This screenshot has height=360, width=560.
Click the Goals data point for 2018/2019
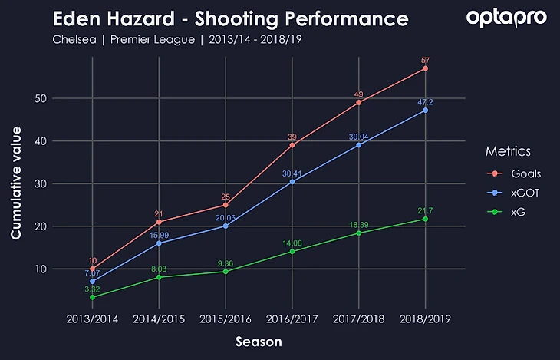[425, 68]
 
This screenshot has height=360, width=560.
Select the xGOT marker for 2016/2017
[292, 182]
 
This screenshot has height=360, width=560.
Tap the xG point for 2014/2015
[159, 277]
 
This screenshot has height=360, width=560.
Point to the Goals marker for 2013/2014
[92, 269]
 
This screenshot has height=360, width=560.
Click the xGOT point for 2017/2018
[358, 145]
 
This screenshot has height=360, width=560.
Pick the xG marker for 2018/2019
[425, 219]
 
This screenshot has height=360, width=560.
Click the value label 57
[425, 59]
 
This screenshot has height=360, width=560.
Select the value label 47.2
[425, 101]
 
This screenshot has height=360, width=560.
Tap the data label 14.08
[292, 243]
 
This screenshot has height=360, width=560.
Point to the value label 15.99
[159, 234]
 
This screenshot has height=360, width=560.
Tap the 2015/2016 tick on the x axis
[226, 319]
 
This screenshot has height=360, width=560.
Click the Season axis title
[259, 341]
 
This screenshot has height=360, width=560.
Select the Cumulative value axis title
[16, 184]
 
